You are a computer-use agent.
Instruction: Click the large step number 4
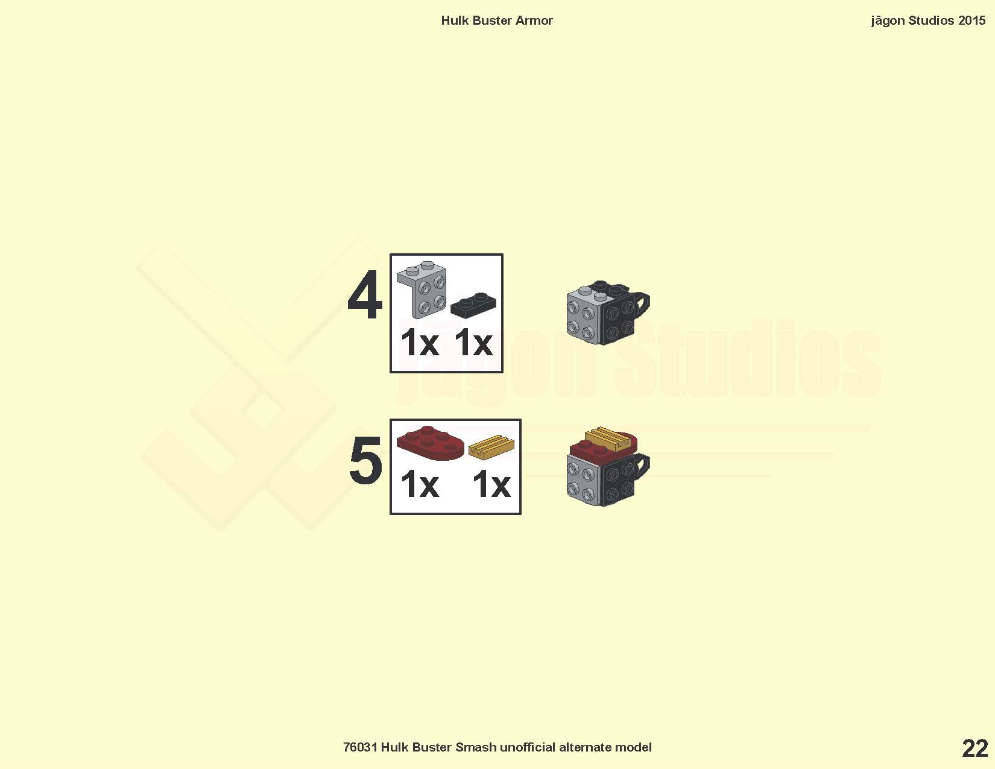click(x=365, y=296)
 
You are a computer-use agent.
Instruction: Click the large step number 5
click(x=365, y=460)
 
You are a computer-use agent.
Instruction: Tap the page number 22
click(x=975, y=749)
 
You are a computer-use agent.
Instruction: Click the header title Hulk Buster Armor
click(x=497, y=21)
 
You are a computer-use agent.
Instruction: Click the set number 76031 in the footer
click(x=360, y=747)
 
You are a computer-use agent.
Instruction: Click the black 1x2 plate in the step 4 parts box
click(x=473, y=305)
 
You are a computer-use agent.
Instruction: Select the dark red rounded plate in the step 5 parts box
click(x=430, y=443)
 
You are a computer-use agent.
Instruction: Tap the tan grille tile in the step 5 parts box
click(x=491, y=447)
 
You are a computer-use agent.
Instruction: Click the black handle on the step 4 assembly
click(x=642, y=304)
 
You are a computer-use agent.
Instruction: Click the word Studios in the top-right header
click(x=931, y=21)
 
